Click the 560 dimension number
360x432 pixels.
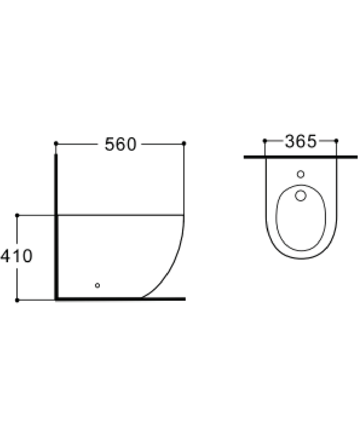point(120,144)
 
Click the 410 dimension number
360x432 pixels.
point(16,256)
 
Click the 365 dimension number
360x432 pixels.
point(300,142)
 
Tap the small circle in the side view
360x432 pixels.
point(97,285)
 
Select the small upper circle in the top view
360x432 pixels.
point(300,174)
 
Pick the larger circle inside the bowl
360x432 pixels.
point(300,195)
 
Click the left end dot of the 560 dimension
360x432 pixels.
point(56,143)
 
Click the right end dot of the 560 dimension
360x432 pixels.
point(184,143)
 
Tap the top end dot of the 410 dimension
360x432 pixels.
point(17,215)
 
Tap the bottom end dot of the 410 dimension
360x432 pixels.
point(17,300)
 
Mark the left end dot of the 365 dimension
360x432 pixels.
point(265,141)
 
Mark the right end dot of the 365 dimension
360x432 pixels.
point(337,141)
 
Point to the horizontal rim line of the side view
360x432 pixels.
point(120,215)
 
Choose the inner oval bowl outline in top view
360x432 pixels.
point(276,220)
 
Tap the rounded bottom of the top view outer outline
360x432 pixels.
point(301,258)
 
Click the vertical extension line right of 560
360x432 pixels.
point(184,179)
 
